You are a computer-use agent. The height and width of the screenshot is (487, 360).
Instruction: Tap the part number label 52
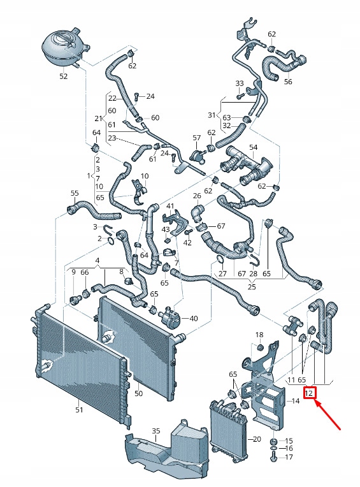coord(63,76)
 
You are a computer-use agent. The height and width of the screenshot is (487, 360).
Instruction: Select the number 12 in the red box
coord(310,394)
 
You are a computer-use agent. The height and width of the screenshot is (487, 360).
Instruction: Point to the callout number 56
coord(288,82)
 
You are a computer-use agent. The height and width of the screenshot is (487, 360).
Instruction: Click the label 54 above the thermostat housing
coord(253,147)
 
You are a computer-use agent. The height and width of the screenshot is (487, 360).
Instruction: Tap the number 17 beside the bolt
coord(289,457)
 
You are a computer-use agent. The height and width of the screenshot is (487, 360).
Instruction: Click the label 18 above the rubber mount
coord(259,335)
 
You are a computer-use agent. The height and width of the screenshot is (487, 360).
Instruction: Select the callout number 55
coord(75,193)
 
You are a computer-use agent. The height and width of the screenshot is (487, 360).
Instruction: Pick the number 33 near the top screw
coord(240,84)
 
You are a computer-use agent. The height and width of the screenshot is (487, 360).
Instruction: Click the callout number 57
coord(197,138)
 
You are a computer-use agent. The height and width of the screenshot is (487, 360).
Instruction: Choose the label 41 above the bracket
coord(170,206)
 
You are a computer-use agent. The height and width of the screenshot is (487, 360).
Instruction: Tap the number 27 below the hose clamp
coord(222,274)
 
